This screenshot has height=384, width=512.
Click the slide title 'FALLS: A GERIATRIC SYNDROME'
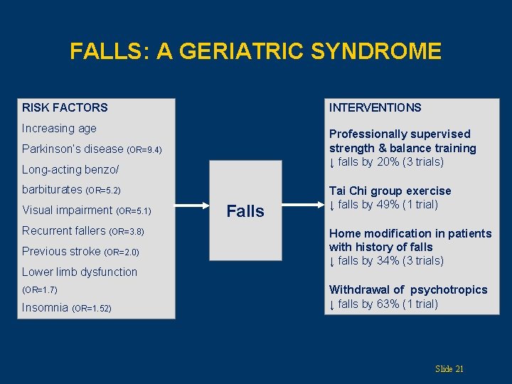point(255,51)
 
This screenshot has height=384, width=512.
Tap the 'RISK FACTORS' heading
point(65,107)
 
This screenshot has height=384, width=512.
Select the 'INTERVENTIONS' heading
point(375,107)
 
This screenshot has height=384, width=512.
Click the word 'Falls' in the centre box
point(245,210)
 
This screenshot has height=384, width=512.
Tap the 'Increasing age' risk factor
point(59,129)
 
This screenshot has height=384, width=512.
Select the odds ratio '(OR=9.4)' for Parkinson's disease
point(144,150)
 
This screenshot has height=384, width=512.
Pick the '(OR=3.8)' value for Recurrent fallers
point(127,232)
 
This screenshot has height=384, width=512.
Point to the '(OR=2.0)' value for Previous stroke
point(122,252)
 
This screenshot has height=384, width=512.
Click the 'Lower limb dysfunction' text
point(80,272)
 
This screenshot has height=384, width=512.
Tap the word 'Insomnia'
point(46,308)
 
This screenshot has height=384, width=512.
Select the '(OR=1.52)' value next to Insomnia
point(92,309)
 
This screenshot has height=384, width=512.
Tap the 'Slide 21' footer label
point(449,368)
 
